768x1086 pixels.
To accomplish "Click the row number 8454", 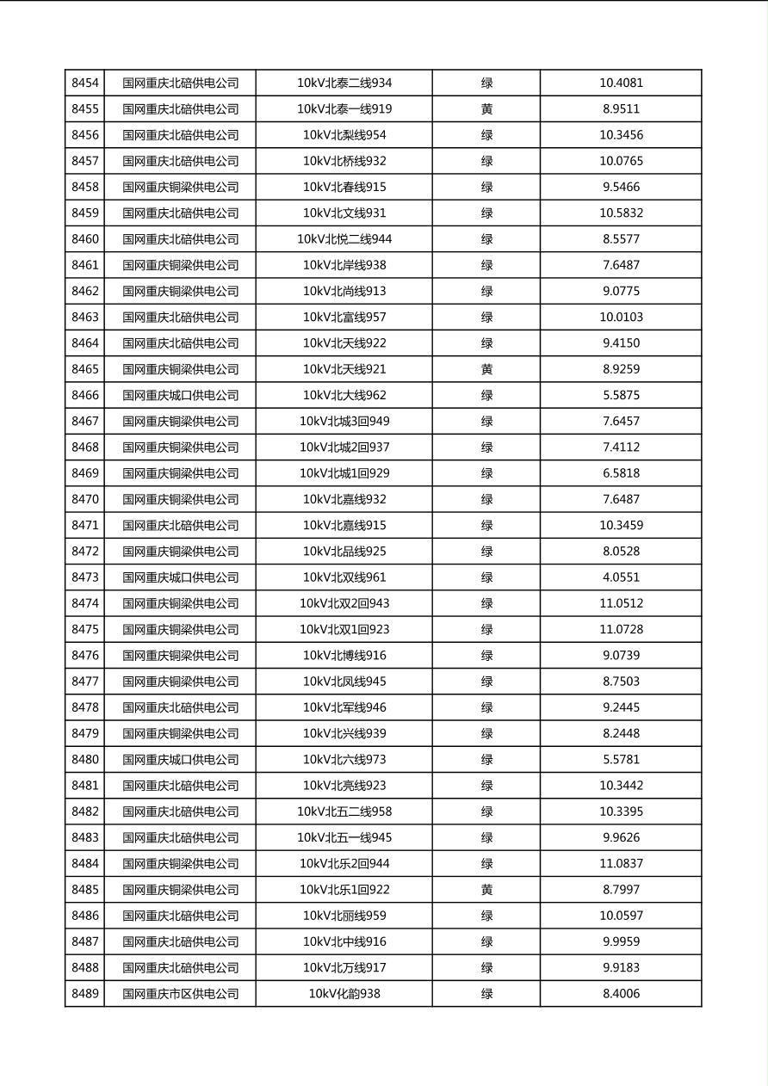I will pos(85,83).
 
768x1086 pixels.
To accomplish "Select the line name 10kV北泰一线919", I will pos(344,109).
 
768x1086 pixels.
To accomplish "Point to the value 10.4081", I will pos(621,83).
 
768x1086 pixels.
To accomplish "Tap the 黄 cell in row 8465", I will pos(486,369).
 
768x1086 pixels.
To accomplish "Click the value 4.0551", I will pos(621,577).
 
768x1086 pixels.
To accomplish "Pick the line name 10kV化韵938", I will pos(344,994).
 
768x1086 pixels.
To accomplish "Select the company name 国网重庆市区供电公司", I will pos(180,994).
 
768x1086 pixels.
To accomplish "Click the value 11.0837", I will pos(621,864).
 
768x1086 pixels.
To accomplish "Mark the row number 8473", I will pos(85,577).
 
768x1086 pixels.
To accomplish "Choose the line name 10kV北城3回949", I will pos(344,422).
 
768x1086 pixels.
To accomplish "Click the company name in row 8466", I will pos(180,396).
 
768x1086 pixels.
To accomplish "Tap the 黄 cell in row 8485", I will pos(486,890).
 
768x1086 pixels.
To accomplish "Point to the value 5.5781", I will pos(621,760).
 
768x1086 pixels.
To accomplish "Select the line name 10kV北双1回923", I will pos(344,630).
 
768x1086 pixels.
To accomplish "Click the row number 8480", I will pos(85,760).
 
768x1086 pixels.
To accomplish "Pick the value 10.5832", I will pos(621,213).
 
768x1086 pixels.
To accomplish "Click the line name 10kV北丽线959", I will pos(344,916).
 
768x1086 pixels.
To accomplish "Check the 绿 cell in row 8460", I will pos(486,239).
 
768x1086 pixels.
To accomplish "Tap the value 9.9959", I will pos(621,941).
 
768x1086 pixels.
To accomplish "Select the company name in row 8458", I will pos(180,188).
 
